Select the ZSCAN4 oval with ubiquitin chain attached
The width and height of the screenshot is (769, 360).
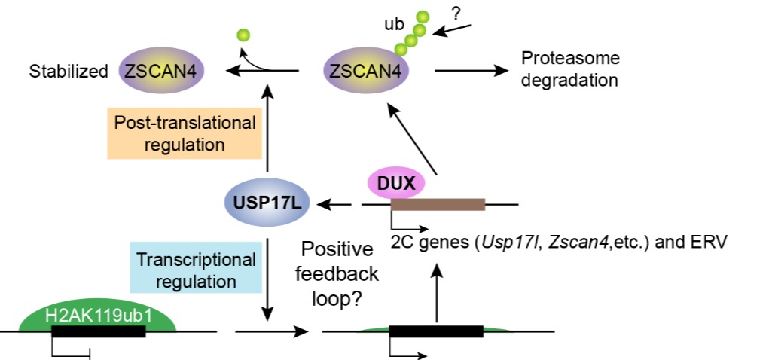pos(367,72)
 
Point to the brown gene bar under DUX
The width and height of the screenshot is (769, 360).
pos(438,203)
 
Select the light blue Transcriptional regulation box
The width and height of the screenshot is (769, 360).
pos(195,270)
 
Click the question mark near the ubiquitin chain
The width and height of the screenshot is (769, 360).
pos(456,14)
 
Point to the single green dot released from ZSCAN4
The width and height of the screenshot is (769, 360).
pos(243,35)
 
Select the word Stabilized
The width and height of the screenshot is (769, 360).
pos(69,72)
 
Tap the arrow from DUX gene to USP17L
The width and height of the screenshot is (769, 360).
pos(337,203)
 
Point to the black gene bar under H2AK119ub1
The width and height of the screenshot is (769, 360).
pos(97,331)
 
